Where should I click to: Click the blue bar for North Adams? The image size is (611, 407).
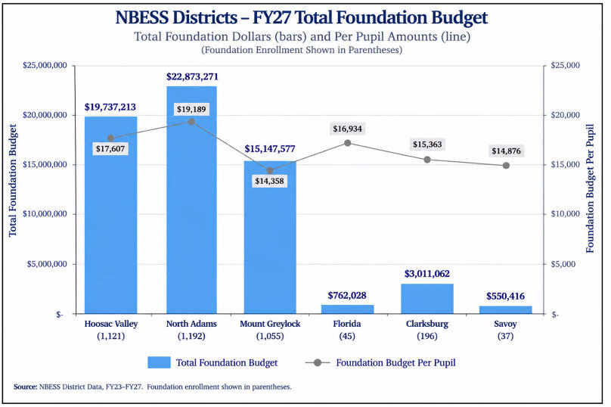pyautogui.click(x=191, y=200)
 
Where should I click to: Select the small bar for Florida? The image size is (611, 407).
pyautogui.click(x=347, y=309)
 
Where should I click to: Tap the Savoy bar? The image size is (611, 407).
pyautogui.click(x=505, y=310)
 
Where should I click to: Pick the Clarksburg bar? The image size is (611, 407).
pyautogui.click(x=427, y=299)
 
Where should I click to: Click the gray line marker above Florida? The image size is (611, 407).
pyautogui.click(x=348, y=143)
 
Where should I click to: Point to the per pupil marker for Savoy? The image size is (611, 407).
pyautogui.click(x=506, y=166)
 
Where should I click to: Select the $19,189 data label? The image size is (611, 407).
pyautogui.click(x=191, y=109)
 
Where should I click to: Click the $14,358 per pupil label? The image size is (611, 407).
pyautogui.click(x=270, y=181)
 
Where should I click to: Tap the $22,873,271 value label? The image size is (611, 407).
pyautogui.click(x=192, y=76)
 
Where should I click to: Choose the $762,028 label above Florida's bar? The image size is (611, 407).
pyautogui.click(x=347, y=296)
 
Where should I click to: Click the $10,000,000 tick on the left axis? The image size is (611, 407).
pyautogui.click(x=45, y=214)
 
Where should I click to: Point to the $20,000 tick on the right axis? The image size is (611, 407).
pyautogui.click(x=566, y=115)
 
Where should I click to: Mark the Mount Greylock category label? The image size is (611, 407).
pyautogui.click(x=270, y=324)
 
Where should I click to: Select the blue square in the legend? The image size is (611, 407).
pyautogui.click(x=159, y=362)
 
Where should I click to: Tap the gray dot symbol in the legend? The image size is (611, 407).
pyautogui.click(x=318, y=362)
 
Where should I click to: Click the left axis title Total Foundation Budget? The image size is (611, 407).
pyautogui.click(x=13, y=180)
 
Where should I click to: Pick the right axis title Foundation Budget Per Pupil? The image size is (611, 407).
pyautogui.click(x=591, y=188)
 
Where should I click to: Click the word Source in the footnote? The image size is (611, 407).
pyautogui.click(x=25, y=387)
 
